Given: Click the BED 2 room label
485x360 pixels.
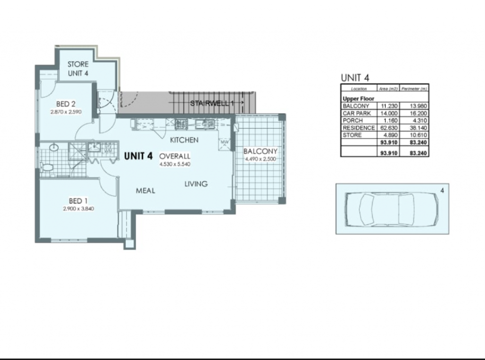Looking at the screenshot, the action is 65,104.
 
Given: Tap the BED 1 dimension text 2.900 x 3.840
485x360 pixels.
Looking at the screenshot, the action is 79,209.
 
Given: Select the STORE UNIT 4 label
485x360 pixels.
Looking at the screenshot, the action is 78,69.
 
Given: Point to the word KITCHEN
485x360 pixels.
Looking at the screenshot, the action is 184,140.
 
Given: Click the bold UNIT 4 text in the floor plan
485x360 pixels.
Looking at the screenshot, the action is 138,156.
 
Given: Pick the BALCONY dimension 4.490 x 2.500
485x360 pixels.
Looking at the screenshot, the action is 260,159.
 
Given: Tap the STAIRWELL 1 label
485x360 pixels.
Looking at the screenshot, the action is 212,103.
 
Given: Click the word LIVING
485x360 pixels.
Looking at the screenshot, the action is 196,184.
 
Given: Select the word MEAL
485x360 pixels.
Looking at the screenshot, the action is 145,191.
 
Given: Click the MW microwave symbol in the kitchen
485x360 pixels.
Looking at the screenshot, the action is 225,143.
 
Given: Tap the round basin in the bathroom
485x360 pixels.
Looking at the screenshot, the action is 54,147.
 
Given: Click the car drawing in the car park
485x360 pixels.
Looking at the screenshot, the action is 392,209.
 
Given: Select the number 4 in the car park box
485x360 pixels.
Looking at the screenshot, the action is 442,191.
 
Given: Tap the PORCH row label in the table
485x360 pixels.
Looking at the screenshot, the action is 353,121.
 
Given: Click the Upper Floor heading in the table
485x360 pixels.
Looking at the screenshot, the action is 359,99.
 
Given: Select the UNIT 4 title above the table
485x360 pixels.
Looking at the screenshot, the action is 355,78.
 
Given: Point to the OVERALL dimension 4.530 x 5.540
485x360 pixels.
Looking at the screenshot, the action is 175,164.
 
